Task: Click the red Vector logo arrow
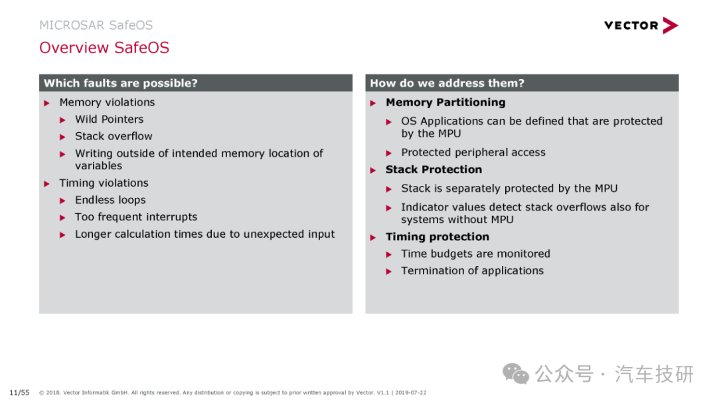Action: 670,25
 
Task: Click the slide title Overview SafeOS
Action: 104,48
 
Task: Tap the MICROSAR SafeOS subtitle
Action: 96,25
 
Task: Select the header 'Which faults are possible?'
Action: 121,83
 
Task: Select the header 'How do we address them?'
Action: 447,83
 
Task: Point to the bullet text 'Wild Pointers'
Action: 110,120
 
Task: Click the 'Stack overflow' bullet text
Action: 114,136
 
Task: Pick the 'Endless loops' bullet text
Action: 110,200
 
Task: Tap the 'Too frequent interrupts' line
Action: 136,217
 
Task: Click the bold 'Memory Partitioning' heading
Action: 445,102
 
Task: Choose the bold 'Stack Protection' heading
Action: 434,170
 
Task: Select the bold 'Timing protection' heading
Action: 437,237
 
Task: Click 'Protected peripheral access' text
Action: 473,152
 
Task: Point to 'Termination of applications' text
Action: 473,271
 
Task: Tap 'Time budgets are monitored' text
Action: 475,254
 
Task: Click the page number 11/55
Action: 19,392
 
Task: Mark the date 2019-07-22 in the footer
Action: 411,392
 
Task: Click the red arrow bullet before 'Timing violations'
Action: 46,184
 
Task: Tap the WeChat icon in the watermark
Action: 516,374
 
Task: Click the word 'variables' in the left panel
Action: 98,166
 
